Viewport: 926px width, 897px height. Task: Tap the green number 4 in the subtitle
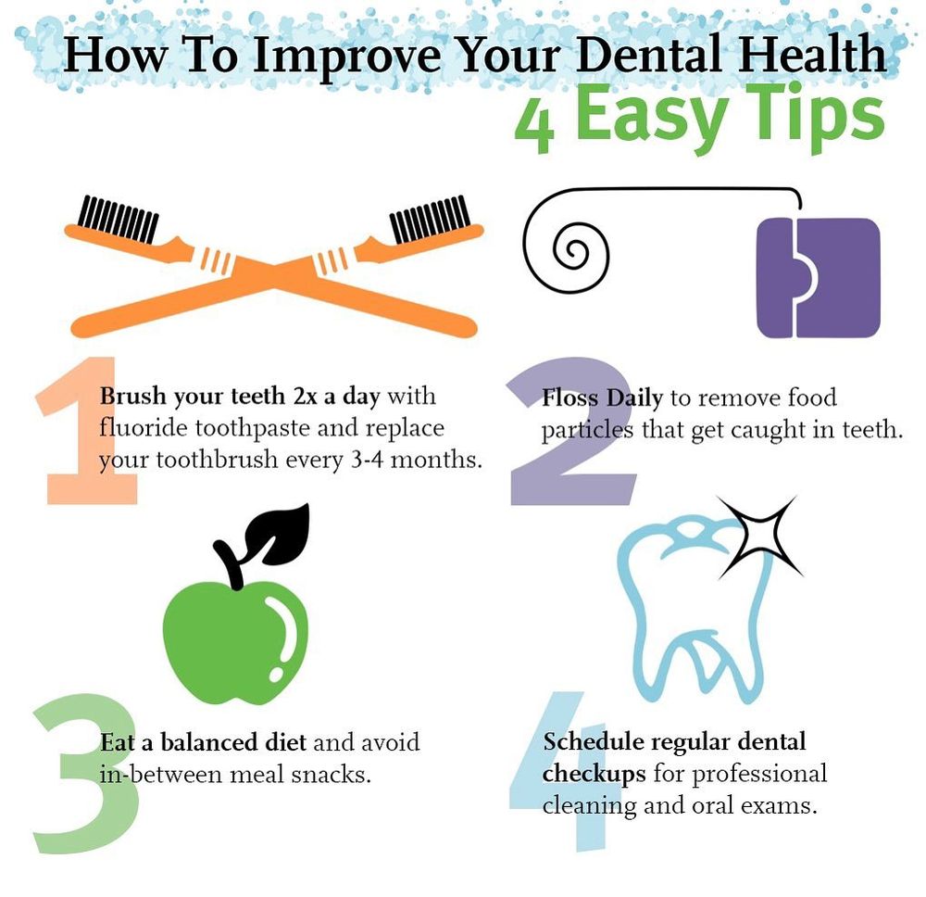(x=534, y=122)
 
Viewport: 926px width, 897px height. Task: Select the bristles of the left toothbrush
(x=119, y=219)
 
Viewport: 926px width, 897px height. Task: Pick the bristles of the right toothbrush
(x=430, y=219)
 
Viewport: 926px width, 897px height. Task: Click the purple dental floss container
(x=819, y=278)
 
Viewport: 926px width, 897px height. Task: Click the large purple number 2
(x=571, y=432)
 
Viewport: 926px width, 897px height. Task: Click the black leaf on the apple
(x=282, y=534)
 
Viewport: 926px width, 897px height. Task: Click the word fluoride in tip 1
(x=143, y=427)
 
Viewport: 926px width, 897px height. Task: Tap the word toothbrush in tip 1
(x=217, y=459)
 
